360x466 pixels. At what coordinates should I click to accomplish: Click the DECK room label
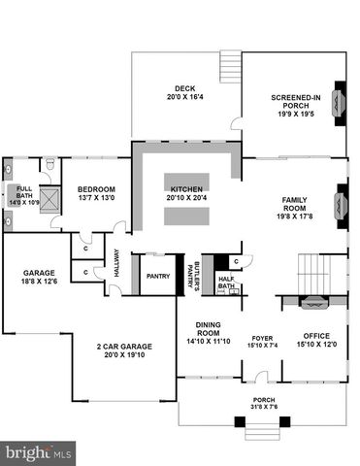click(185, 92)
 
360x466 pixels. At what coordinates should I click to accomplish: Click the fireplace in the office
click(312, 303)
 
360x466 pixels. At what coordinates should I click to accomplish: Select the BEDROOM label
click(96, 193)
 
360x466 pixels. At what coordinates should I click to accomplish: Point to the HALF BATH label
click(226, 283)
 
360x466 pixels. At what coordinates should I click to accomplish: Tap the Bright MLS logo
click(40, 451)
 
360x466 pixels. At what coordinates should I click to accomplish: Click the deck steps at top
click(230, 64)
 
